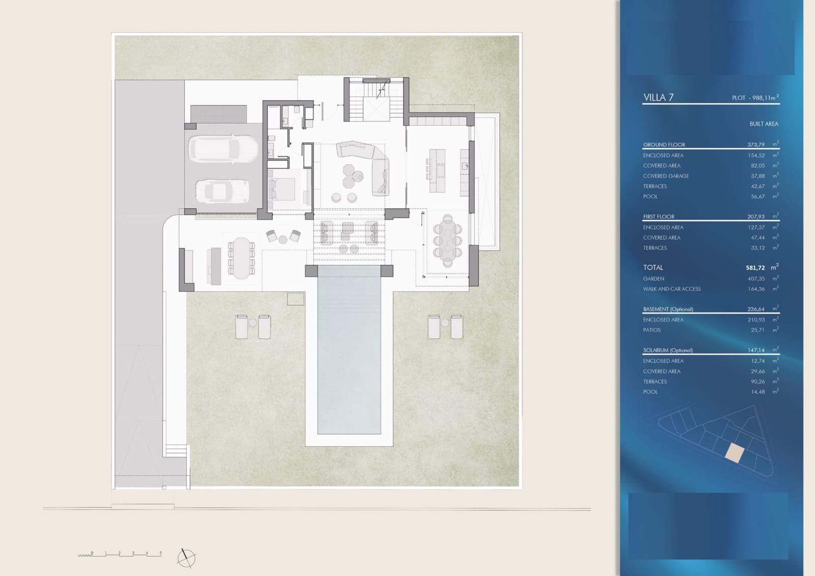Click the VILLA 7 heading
658,98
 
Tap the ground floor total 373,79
756,145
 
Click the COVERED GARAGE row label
665,176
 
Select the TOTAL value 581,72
756,267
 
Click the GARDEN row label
654,279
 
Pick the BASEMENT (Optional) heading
668,309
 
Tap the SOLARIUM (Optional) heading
667,350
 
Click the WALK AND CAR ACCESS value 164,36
756,289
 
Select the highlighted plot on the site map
734,453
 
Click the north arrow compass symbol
186,558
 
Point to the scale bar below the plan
120,555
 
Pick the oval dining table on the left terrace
241,257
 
